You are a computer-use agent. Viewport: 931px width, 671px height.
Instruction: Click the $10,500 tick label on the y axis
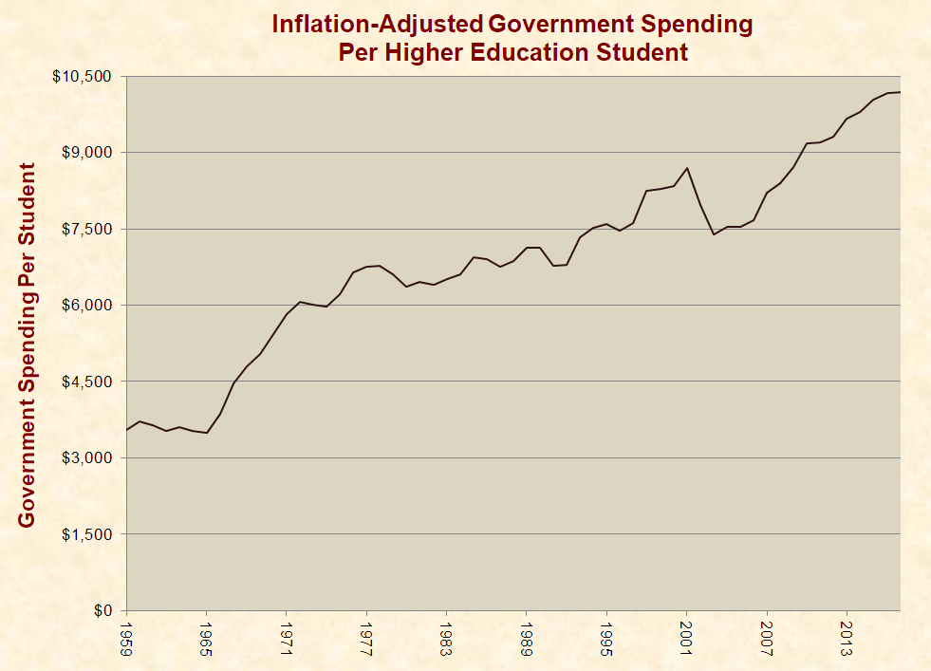[84, 76]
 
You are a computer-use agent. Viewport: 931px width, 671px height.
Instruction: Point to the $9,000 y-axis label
[87, 153]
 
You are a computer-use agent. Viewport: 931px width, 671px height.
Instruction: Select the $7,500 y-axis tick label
[87, 229]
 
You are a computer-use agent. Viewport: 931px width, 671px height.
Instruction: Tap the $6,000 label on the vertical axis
[87, 306]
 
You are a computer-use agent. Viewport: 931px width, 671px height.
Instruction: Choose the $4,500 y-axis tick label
[87, 382]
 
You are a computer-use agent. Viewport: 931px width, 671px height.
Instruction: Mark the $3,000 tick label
[87, 458]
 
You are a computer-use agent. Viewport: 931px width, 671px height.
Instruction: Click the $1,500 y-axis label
[87, 534]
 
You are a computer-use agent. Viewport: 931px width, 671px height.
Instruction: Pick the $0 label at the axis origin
[102, 611]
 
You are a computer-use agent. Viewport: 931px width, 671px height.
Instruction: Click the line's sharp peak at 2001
[686, 168]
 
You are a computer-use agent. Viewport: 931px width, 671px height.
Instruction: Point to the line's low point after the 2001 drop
[714, 234]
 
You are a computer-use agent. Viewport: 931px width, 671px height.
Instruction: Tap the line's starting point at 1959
[127, 430]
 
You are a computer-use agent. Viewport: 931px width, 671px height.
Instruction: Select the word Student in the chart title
[636, 51]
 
